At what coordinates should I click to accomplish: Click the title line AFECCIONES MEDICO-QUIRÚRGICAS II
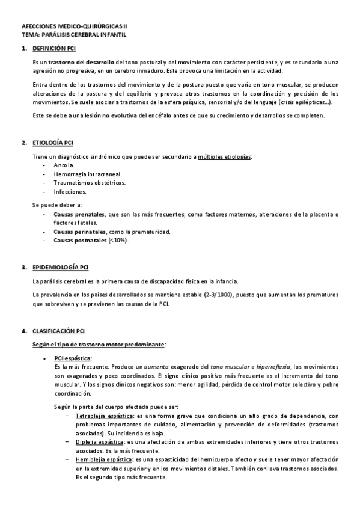click(x=75, y=27)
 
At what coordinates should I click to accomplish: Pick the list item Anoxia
click(x=64, y=165)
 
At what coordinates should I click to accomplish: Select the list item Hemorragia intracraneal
click(x=83, y=174)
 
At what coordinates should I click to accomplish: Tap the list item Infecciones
click(x=70, y=192)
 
